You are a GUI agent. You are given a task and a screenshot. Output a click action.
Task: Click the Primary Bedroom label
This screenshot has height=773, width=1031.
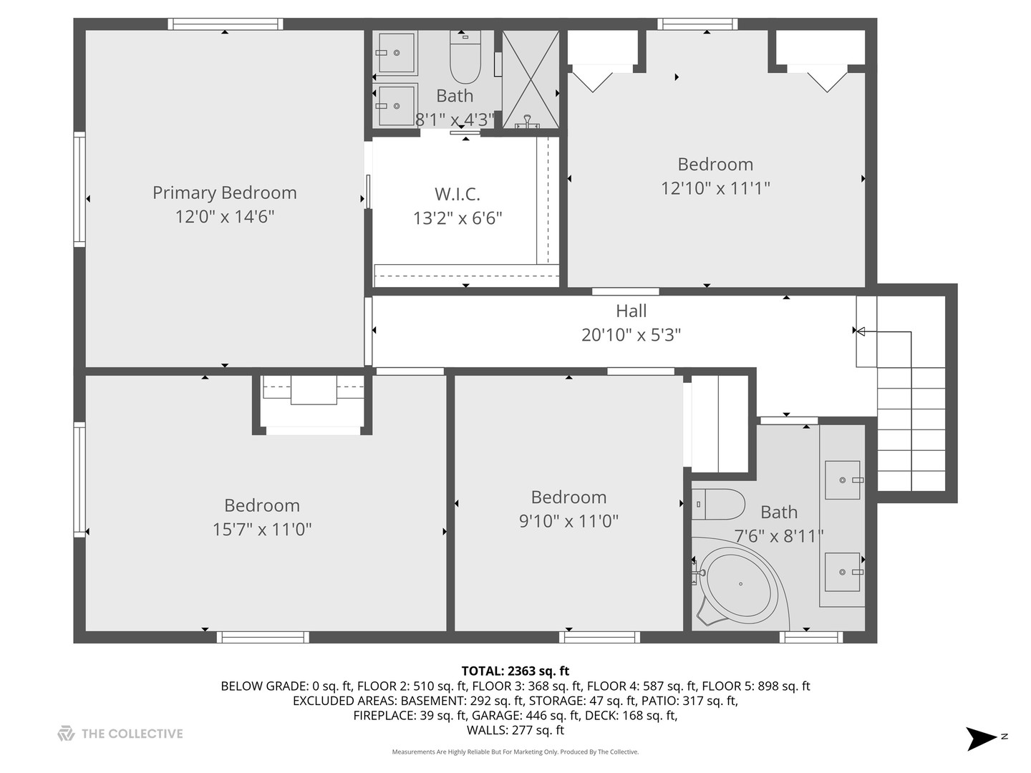click(225, 193)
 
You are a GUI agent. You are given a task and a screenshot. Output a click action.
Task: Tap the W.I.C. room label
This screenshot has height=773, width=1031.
click(457, 194)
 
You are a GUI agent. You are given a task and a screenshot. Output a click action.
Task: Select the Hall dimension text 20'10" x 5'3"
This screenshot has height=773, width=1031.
click(631, 335)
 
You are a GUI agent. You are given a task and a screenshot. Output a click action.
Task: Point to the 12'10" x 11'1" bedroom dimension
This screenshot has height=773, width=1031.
click(715, 188)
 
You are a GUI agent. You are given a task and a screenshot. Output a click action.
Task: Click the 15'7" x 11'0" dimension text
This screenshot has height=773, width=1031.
click(262, 530)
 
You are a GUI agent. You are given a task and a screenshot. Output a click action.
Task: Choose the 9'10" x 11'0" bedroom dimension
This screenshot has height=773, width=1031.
click(568, 521)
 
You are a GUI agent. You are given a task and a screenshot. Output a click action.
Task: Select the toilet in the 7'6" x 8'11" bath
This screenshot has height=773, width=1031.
click(717, 504)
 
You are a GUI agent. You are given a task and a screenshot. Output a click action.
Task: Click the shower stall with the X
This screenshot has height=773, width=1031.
click(531, 79)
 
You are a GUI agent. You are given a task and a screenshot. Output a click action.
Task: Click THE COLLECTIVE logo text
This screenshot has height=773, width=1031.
click(132, 734)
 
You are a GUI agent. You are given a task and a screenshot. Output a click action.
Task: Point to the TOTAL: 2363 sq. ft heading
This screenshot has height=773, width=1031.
click(515, 671)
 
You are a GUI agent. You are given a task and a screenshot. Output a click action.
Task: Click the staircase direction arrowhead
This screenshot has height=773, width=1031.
click(861, 332)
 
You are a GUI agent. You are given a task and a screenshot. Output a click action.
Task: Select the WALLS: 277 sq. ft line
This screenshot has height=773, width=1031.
click(515, 730)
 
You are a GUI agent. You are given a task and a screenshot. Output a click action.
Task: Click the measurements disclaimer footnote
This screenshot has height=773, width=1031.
click(515, 752)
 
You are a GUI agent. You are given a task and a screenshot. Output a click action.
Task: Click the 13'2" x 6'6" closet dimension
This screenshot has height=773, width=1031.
click(458, 218)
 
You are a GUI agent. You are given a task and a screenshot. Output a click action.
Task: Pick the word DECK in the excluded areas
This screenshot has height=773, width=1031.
click(607, 715)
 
